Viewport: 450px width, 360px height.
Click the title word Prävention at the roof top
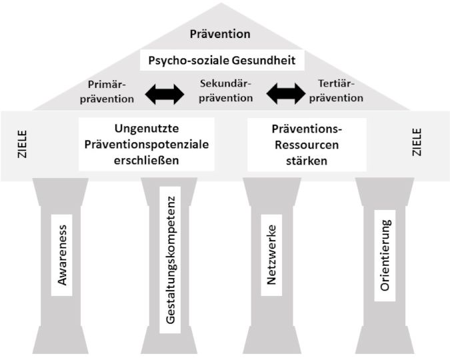[x=220, y=33]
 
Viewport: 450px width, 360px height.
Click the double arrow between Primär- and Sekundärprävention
[x=165, y=94]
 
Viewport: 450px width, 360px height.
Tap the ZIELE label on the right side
[x=417, y=143]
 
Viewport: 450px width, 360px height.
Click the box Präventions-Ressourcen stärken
[x=307, y=144]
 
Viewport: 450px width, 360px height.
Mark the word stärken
[x=307, y=161]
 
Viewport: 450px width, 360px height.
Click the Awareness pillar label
[x=63, y=255]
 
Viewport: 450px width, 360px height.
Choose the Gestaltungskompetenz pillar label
[x=171, y=259]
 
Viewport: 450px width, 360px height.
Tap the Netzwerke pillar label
[x=271, y=255]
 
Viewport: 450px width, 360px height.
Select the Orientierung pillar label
[x=385, y=255]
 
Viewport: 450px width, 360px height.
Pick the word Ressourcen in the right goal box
[x=307, y=144]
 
